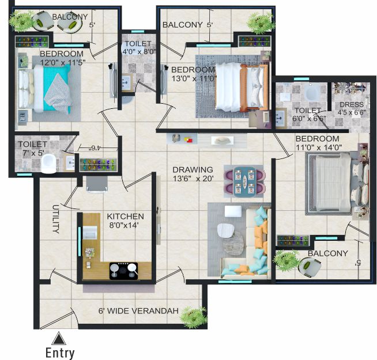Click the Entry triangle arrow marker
coord(59,339)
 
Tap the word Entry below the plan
coord(60,353)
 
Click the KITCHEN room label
coord(125,217)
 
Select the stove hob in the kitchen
coord(124,271)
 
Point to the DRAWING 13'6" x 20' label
coord(193,174)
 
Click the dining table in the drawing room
coord(244,181)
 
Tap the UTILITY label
coord(56,219)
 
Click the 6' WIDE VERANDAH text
coord(138,311)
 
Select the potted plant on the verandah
coord(194,317)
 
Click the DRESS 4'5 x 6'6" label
coord(352,108)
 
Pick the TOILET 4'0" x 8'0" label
coord(138,48)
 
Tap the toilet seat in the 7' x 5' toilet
coord(49,164)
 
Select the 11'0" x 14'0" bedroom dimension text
coord(319,147)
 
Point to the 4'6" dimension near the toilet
coord(93,148)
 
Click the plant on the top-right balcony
coord(260,23)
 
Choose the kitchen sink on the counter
coord(89,232)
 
